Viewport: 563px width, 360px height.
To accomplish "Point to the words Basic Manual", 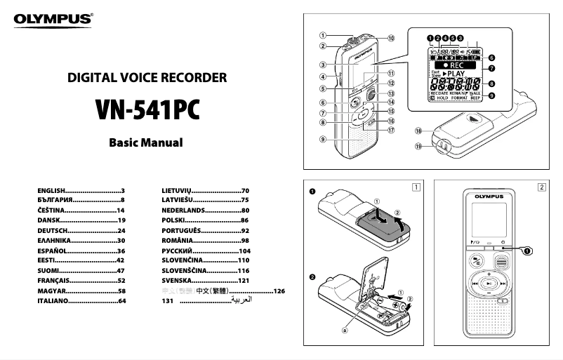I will tap(145, 142).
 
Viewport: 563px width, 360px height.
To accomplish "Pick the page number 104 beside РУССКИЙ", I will tap(244, 251).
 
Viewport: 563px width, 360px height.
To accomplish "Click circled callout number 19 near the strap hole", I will tap(418, 146).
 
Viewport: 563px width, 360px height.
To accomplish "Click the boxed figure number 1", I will tap(417, 187).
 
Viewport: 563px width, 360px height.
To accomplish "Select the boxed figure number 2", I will tap(541, 187).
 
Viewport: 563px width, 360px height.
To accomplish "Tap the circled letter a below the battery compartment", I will tap(345, 329).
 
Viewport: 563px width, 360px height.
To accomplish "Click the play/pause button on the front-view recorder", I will tap(491, 284).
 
